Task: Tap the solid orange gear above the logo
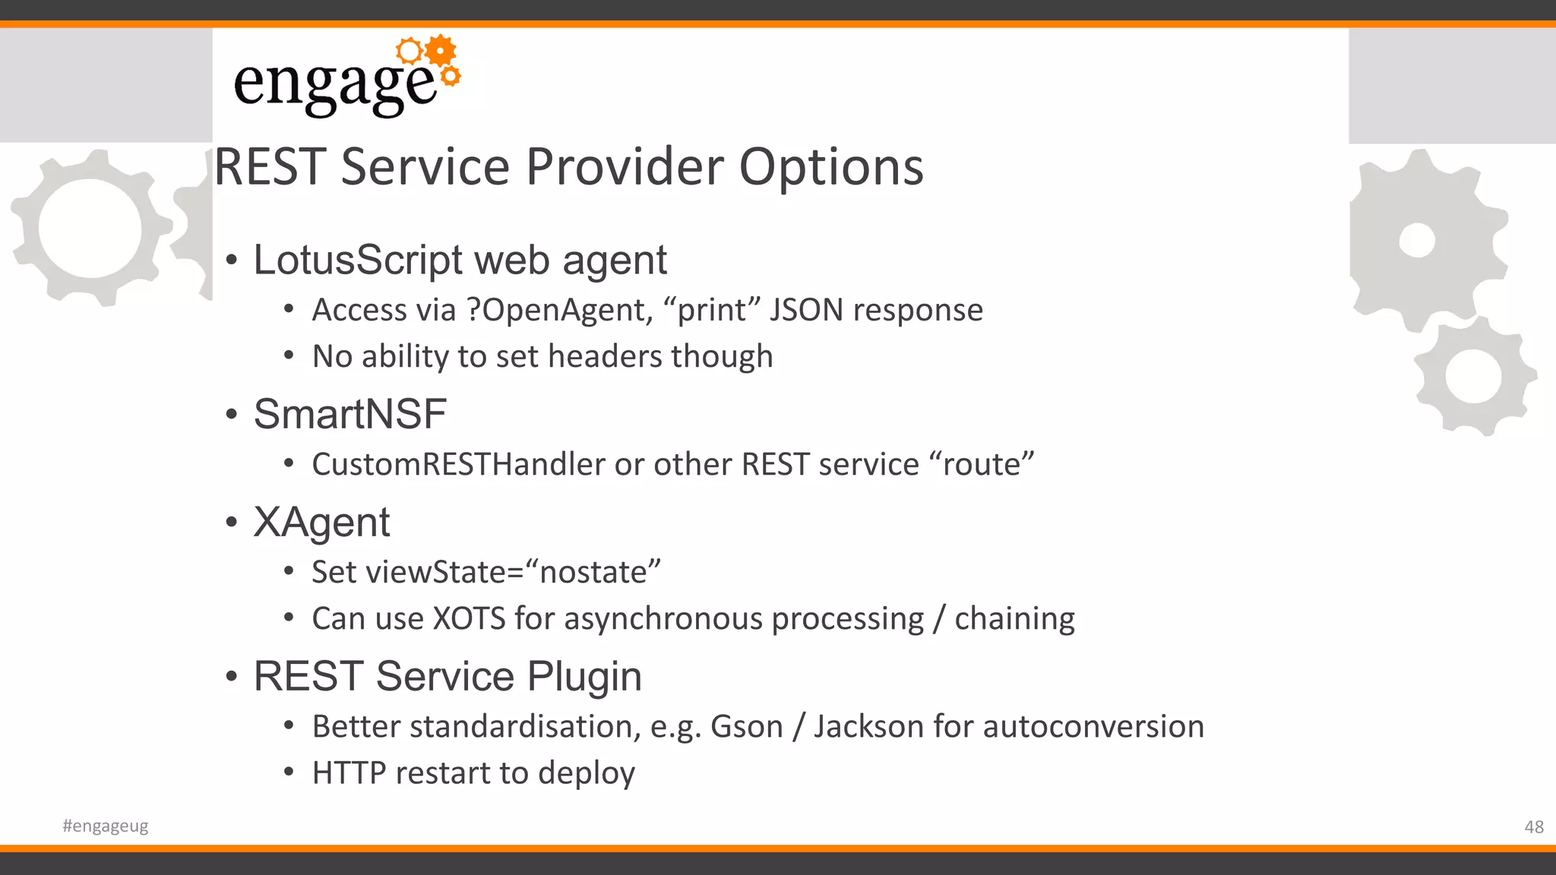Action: point(441,51)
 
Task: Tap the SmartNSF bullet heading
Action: point(349,415)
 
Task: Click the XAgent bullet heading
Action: point(321,523)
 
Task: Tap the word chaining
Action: point(1014,618)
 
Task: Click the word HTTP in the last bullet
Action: point(349,773)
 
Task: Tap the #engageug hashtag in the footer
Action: point(106,826)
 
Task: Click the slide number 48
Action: point(1533,827)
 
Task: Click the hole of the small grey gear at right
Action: point(1473,377)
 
